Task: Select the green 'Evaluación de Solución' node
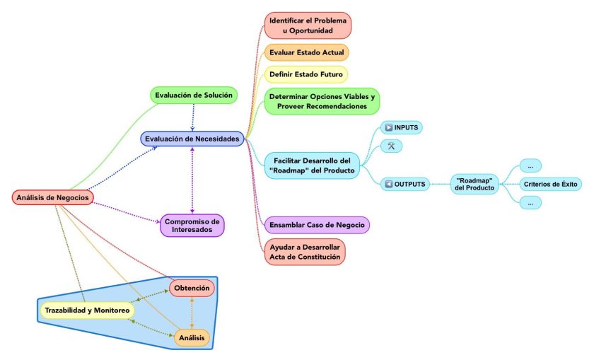pyautogui.click(x=193, y=95)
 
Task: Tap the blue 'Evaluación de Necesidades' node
pyautogui.click(x=192, y=139)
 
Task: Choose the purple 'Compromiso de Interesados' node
pyautogui.click(x=192, y=226)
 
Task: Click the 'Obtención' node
pyautogui.click(x=192, y=288)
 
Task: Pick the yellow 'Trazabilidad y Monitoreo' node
pyautogui.click(x=87, y=310)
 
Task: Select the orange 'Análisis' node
pyautogui.click(x=192, y=339)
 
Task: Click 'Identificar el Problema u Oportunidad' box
pyautogui.click(x=308, y=25)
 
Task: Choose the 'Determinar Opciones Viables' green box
pyautogui.click(x=322, y=100)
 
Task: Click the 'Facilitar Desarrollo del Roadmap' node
pyautogui.click(x=312, y=165)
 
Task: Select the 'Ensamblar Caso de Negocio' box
pyautogui.click(x=318, y=225)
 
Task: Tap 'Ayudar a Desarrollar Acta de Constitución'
pyautogui.click(x=304, y=252)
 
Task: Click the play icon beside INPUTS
pyautogui.click(x=388, y=127)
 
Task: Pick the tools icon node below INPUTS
pyautogui.click(x=391, y=146)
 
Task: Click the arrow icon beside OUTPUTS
pyautogui.click(x=388, y=185)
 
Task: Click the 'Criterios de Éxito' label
pyautogui.click(x=550, y=185)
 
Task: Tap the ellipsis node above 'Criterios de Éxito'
pyautogui.click(x=530, y=166)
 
